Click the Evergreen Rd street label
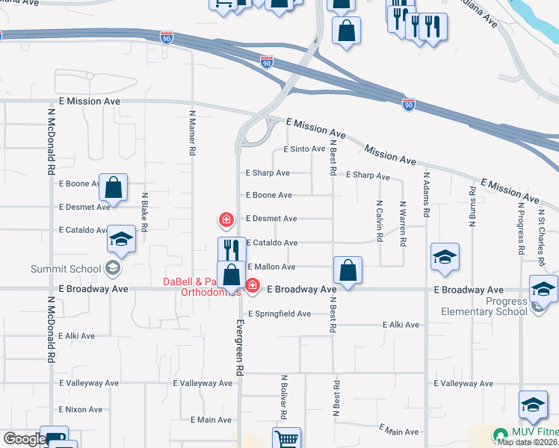click(240, 348)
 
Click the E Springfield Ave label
click(279, 314)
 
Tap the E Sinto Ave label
click(304, 149)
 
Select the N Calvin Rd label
click(380, 220)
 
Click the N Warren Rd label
click(402, 223)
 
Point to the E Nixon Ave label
click(80, 409)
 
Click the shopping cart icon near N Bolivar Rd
click(286, 440)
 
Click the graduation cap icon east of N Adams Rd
click(445, 257)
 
